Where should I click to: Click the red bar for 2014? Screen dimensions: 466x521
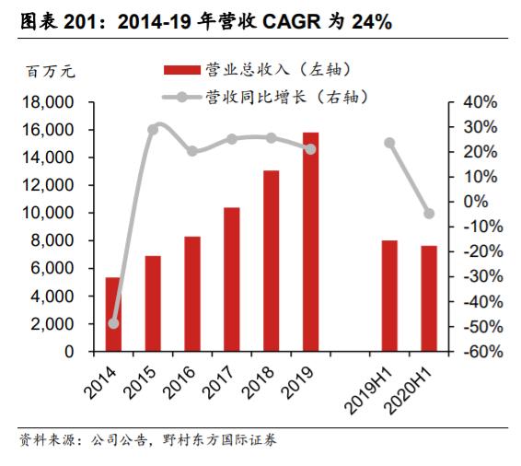click(x=112, y=314)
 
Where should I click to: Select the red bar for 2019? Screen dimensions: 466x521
click(x=310, y=242)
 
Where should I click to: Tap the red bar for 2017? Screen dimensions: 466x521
click(x=231, y=279)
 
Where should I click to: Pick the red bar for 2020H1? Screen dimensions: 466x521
click(x=429, y=298)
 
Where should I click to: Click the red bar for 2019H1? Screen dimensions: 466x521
click(x=389, y=296)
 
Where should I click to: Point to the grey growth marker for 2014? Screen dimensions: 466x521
click(x=113, y=323)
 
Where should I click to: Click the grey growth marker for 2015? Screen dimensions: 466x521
click(x=153, y=129)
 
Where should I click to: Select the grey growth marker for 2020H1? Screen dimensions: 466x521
click(x=429, y=214)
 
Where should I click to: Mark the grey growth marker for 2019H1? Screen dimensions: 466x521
click(x=389, y=143)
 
